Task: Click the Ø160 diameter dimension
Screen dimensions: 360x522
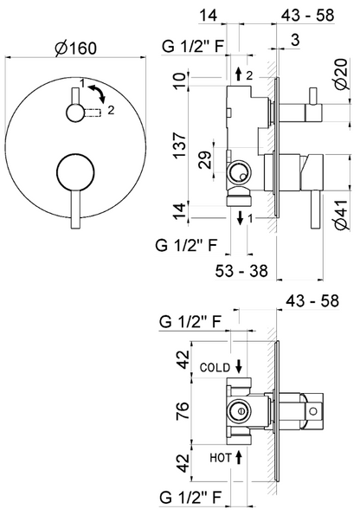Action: pos(76,48)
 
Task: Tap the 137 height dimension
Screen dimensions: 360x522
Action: pos(180,145)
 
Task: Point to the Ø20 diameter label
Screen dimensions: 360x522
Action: pos(342,74)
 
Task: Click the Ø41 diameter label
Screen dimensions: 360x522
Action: pos(342,215)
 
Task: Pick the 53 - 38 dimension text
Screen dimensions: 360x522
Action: pos(241,271)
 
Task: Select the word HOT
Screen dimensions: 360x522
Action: pos(220,458)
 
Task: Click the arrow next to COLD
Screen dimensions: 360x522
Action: pos(239,366)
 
